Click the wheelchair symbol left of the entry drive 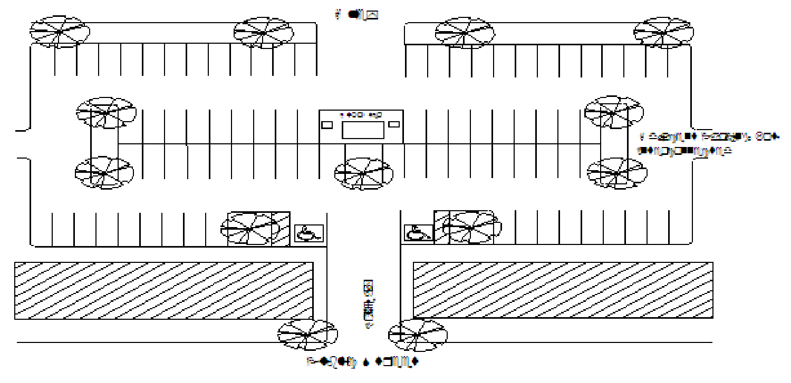(x=308, y=232)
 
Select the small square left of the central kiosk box (x=327, y=124)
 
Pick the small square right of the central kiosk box (x=394, y=124)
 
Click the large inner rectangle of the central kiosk (x=362, y=129)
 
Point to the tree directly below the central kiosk (x=363, y=173)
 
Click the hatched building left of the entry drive (x=163, y=290)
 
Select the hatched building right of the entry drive (x=563, y=290)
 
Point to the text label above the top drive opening (x=357, y=15)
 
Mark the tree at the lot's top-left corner (x=59, y=32)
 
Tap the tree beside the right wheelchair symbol (x=472, y=227)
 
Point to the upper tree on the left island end (x=106, y=112)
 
